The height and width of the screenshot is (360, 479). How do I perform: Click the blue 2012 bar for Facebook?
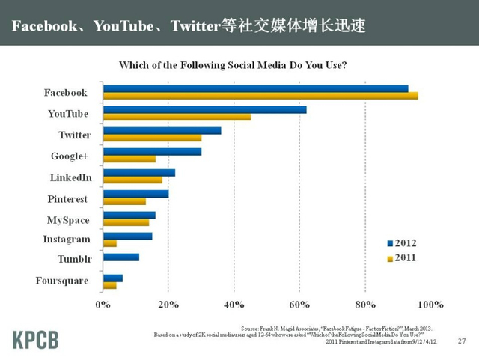(x=255, y=88)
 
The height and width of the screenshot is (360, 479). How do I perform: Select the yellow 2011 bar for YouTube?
(x=177, y=117)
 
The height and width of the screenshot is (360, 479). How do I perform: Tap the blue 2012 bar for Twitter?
(x=162, y=130)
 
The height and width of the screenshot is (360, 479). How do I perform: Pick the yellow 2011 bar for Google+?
(x=129, y=159)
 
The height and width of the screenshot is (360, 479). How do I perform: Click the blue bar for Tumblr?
(x=121, y=257)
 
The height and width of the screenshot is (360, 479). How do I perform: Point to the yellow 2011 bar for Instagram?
(x=110, y=243)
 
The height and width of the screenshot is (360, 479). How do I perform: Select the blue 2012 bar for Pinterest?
(x=135, y=194)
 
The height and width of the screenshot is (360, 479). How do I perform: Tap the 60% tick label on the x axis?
(x=299, y=305)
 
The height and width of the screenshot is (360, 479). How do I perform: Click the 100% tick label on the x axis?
(x=430, y=305)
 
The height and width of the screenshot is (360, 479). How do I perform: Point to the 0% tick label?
(x=103, y=305)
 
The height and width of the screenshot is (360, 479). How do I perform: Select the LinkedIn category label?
(x=70, y=178)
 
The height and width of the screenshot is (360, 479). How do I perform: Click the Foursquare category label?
(x=62, y=281)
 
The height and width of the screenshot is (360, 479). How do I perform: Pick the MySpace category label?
(x=68, y=220)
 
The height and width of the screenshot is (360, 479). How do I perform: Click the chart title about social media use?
(x=238, y=64)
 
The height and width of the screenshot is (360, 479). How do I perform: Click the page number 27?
(x=461, y=341)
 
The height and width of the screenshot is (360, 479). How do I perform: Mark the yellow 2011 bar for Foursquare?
(x=110, y=285)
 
